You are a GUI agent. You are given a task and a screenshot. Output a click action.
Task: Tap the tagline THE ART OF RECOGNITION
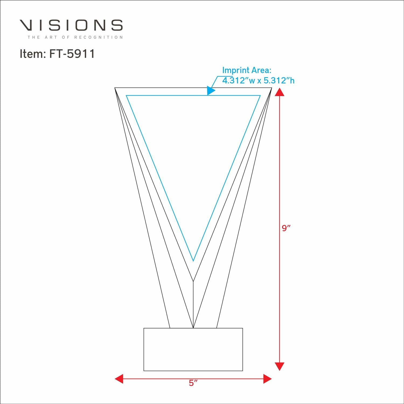[x=75, y=37]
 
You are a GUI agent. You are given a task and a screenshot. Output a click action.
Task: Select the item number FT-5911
[x=72, y=54]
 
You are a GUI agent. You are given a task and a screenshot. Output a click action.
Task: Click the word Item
[x=31, y=54]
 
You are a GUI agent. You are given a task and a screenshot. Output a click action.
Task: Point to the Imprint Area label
[x=247, y=70]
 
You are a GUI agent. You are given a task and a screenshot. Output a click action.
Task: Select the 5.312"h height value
[x=279, y=80]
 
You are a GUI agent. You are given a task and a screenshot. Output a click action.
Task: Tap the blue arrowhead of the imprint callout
[x=211, y=91]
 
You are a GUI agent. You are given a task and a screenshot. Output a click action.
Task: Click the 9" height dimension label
[x=286, y=228]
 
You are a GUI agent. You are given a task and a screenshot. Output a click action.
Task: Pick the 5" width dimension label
[x=193, y=383]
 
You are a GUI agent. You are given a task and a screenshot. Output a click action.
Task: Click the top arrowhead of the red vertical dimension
[x=280, y=92]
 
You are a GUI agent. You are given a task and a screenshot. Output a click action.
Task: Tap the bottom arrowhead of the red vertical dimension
[x=280, y=366]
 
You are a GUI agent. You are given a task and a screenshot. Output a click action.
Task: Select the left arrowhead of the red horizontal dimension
[x=119, y=379]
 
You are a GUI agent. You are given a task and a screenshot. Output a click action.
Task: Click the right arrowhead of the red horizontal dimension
[x=267, y=379]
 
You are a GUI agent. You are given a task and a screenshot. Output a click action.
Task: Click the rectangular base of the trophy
[x=193, y=349]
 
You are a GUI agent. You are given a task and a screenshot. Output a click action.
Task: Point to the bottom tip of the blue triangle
[x=193, y=260]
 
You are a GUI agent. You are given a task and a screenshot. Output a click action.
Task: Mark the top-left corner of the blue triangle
[x=127, y=95]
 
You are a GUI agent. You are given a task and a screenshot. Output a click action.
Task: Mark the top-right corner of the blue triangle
[x=260, y=95]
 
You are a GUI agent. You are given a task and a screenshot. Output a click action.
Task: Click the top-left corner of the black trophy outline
[x=115, y=88]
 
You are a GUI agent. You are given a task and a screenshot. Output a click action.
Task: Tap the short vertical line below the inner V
[x=193, y=304]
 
